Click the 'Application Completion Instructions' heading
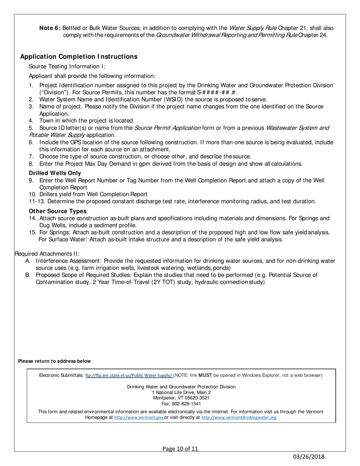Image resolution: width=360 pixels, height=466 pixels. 78,56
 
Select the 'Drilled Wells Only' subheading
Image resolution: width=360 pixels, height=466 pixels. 55,173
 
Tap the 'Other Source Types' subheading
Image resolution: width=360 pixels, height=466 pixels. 58,211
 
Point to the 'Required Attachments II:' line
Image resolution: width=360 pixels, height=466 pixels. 47,254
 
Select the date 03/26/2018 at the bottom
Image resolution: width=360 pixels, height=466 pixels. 308,457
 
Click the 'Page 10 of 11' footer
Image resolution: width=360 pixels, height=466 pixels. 180,449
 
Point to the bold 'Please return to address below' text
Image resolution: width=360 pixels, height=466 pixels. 55,361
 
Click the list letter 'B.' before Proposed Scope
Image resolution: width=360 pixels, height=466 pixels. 28,275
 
